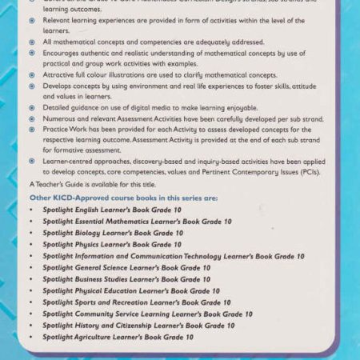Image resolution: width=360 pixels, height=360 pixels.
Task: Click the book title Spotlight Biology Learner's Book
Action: coord(112,233)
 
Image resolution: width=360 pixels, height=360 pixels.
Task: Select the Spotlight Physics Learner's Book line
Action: coord(111,244)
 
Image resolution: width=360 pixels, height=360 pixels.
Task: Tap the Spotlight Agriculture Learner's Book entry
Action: coord(118,338)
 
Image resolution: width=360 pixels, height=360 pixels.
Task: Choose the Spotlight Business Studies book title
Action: coord(126,279)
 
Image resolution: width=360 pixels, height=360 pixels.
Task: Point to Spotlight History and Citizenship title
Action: coord(138,326)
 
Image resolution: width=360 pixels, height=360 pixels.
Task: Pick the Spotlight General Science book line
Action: coord(126,267)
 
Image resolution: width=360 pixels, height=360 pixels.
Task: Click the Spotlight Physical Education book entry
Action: coord(131,291)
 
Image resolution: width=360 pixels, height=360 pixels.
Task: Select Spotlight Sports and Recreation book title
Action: coord(136,302)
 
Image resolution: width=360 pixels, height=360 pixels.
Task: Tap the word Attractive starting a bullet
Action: coord(60,74)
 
